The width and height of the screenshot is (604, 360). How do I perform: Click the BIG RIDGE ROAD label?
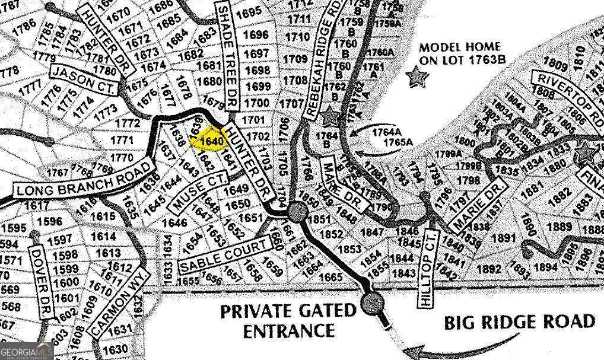point(519,322)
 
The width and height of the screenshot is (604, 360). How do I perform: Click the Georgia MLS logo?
point(27,351)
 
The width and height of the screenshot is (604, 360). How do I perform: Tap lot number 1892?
point(489,268)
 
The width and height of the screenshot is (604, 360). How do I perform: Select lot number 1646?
point(174,223)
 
